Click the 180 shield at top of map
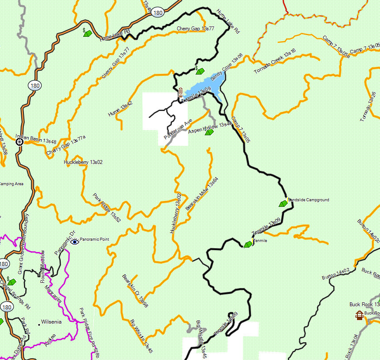pos(158,13)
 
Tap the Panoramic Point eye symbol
pos(74,242)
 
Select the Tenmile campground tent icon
pos(248,245)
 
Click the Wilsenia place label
pos(51,322)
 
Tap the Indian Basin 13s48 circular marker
pos(19,141)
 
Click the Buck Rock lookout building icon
pos(359,315)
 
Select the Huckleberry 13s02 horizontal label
pos(83,162)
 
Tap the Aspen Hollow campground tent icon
pos(209,132)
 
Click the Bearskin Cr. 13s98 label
pos(135,291)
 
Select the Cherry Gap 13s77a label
pos(66,145)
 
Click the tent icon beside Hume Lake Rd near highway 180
pos(87,33)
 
